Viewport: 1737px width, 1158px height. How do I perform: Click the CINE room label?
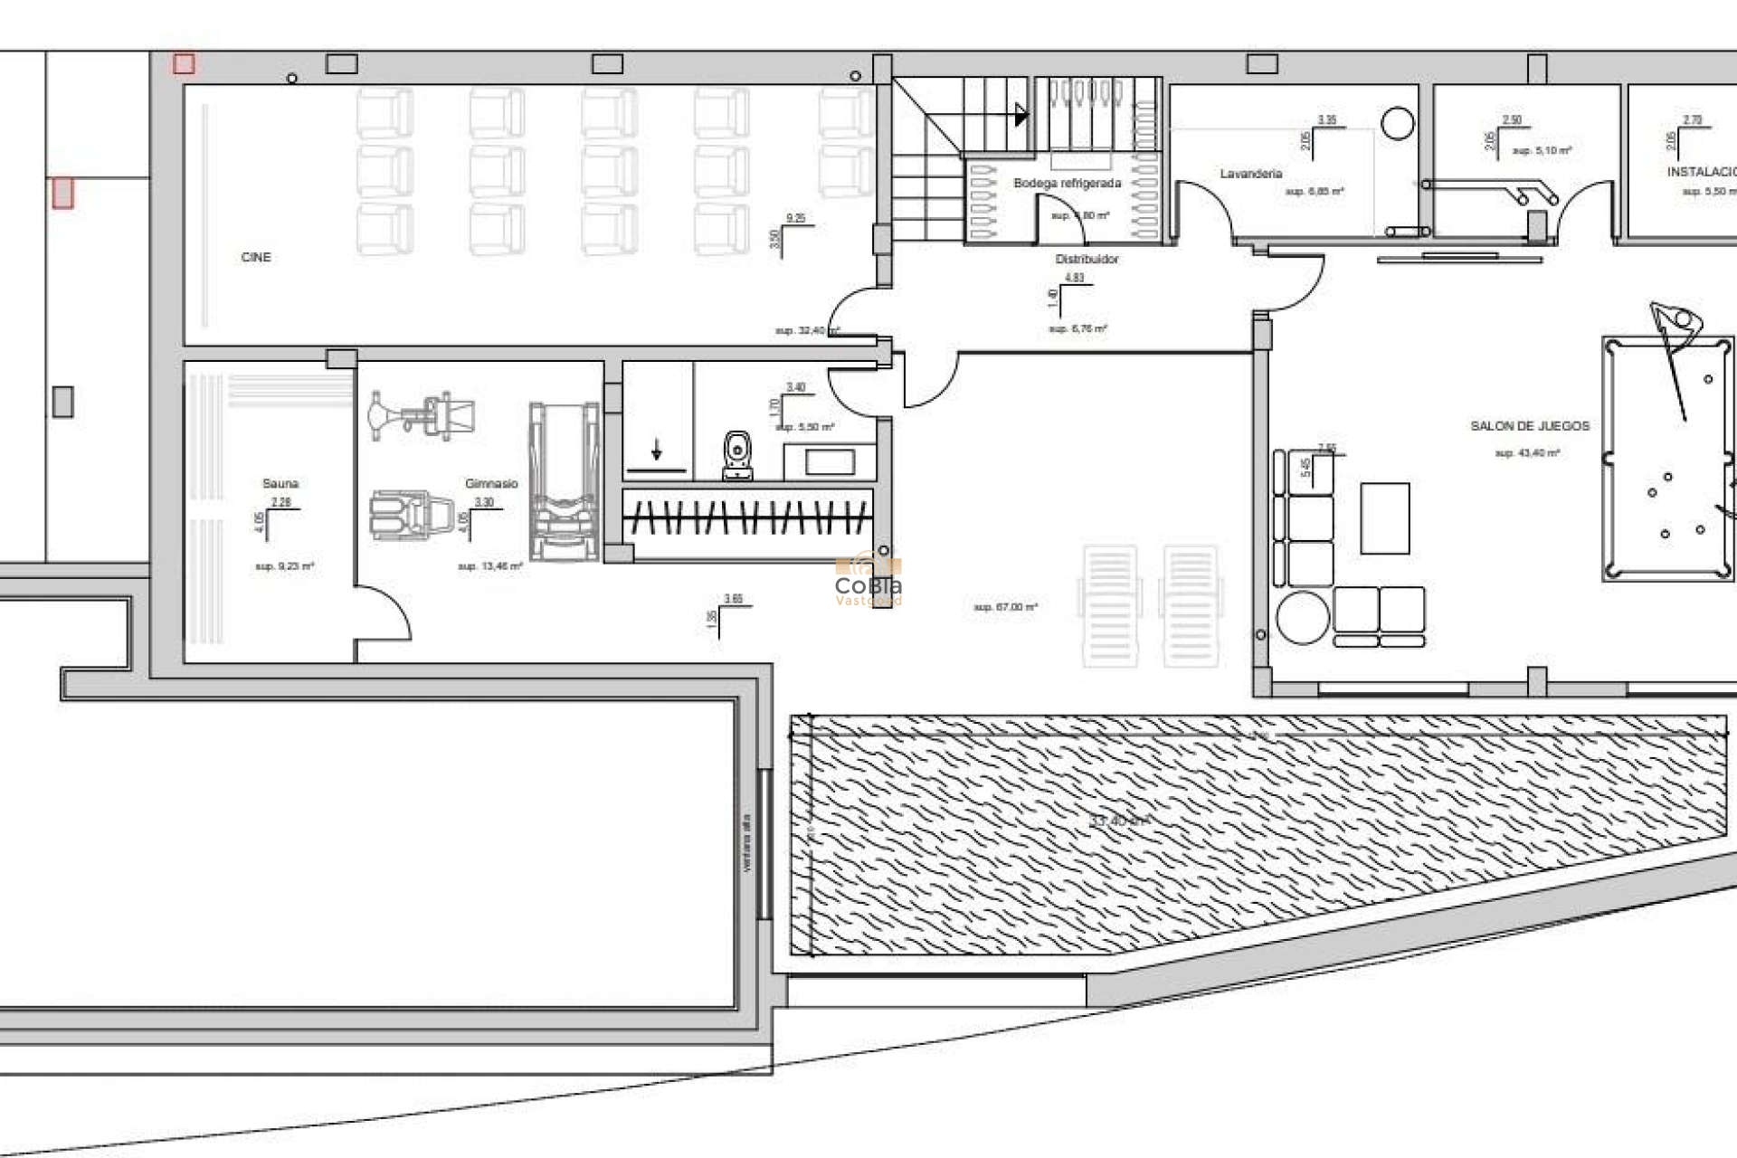tap(256, 258)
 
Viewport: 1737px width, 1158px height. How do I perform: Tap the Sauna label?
tap(280, 484)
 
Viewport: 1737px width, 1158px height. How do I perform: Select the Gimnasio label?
tap(491, 484)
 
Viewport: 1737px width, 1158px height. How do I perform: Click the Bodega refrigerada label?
tap(1067, 184)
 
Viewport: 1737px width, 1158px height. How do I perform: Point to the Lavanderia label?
tap(1250, 174)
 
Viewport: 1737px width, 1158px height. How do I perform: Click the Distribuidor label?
tap(1087, 260)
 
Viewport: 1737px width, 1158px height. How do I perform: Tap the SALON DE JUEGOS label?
tap(1529, 426)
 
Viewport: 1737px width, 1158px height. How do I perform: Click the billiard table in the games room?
tap(1666, 458)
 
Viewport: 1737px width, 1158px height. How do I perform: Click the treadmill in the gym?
tap(565, 482)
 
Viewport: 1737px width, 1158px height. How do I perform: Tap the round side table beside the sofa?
tap(1303, 617)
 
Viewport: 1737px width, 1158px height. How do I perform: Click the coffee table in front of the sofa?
tap(1384, 518)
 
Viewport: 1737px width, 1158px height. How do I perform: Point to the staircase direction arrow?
tap(1020, 115)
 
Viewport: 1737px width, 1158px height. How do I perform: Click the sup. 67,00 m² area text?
tap(1005, 607)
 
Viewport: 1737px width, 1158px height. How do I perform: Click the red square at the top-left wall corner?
tap(184, 63)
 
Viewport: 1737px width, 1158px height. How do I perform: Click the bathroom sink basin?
tap(830, 462)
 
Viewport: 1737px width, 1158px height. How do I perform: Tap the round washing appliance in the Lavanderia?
tap(1398, 123)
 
